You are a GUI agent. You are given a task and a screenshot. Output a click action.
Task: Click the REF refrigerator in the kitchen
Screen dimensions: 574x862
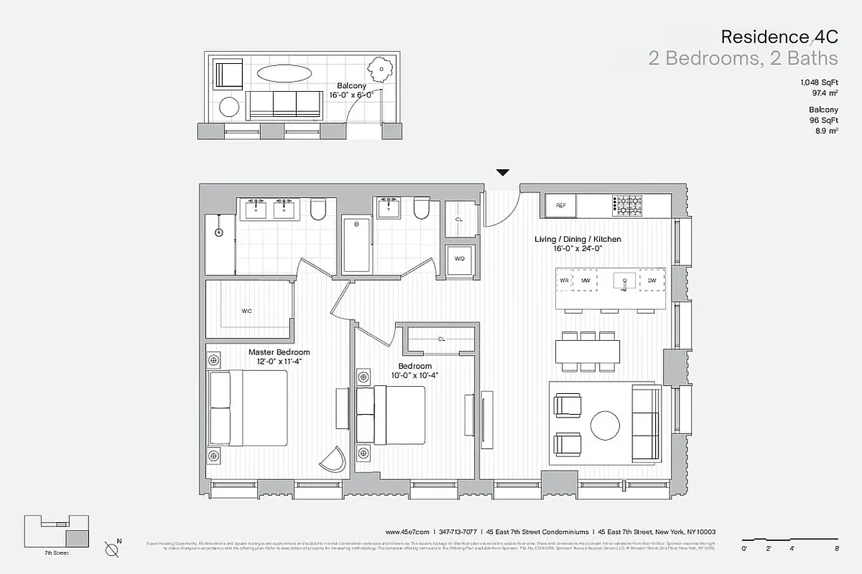point(561,205)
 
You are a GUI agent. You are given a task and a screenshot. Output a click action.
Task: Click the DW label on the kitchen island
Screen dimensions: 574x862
point(652,281)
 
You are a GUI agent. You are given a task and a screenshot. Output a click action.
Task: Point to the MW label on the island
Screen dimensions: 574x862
point(585,281)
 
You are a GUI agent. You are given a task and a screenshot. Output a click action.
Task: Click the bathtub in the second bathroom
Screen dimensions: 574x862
point(357,245)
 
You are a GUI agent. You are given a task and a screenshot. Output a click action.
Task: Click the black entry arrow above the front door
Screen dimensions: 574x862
point(503,172)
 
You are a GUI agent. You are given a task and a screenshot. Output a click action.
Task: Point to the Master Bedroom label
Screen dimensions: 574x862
point(279,352)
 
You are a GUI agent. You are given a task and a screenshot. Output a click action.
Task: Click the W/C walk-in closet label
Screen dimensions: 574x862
point(246,311)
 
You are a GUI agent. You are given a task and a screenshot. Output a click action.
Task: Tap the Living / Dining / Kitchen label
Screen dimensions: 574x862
point(577,239)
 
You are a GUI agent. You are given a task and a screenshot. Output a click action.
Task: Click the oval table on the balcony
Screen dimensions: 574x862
point(284,74)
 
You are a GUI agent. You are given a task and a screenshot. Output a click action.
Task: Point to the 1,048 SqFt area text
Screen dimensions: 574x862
point(820,83)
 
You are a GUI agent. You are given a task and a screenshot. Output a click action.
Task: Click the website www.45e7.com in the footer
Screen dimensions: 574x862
point(407,532)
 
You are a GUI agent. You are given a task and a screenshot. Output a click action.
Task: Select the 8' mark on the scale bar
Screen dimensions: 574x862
point(838,548)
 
